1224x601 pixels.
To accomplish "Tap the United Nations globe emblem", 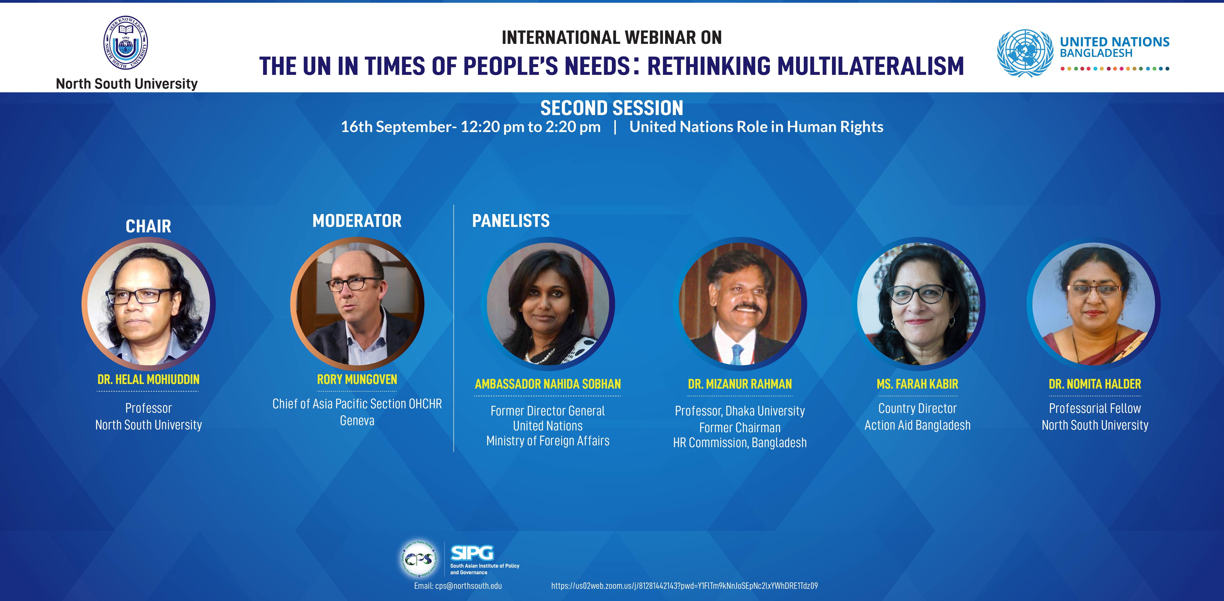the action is click(x=1025, y=53).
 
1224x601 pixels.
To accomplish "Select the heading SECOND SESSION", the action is click(x=611, y=108).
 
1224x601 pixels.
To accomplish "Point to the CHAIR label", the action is click(x=148, y=226).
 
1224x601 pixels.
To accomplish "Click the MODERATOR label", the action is click(x=357, y=221).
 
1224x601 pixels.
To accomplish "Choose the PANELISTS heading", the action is click(x=511, y=221).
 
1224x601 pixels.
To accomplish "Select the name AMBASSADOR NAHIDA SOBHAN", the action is click(x=548, y=384).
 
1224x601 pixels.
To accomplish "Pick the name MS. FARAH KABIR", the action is click(x=918, y=384).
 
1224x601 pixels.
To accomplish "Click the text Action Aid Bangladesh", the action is click(x=918, y=425).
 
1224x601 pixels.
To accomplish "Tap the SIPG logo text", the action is click(x=472, y=553).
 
